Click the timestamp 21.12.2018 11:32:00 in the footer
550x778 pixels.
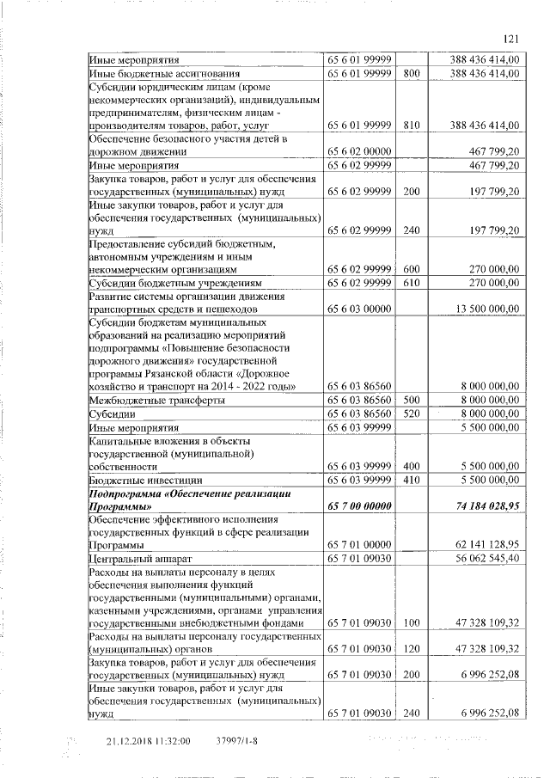click(x=148, y=739)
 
